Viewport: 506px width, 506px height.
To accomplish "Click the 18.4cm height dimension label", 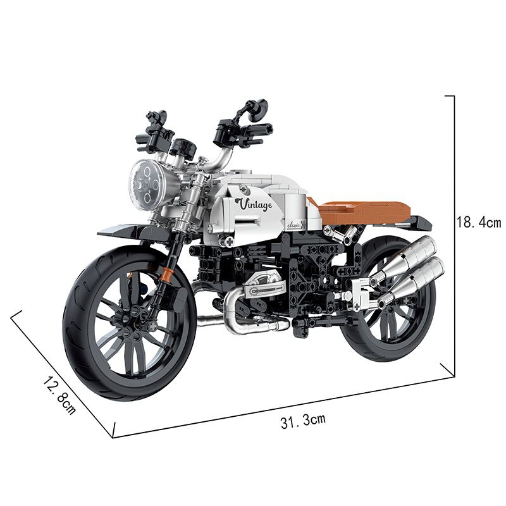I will point(478,222).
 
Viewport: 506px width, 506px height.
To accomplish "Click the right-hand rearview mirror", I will point(256,109).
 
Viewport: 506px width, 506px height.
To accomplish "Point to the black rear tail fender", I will point(415,221).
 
